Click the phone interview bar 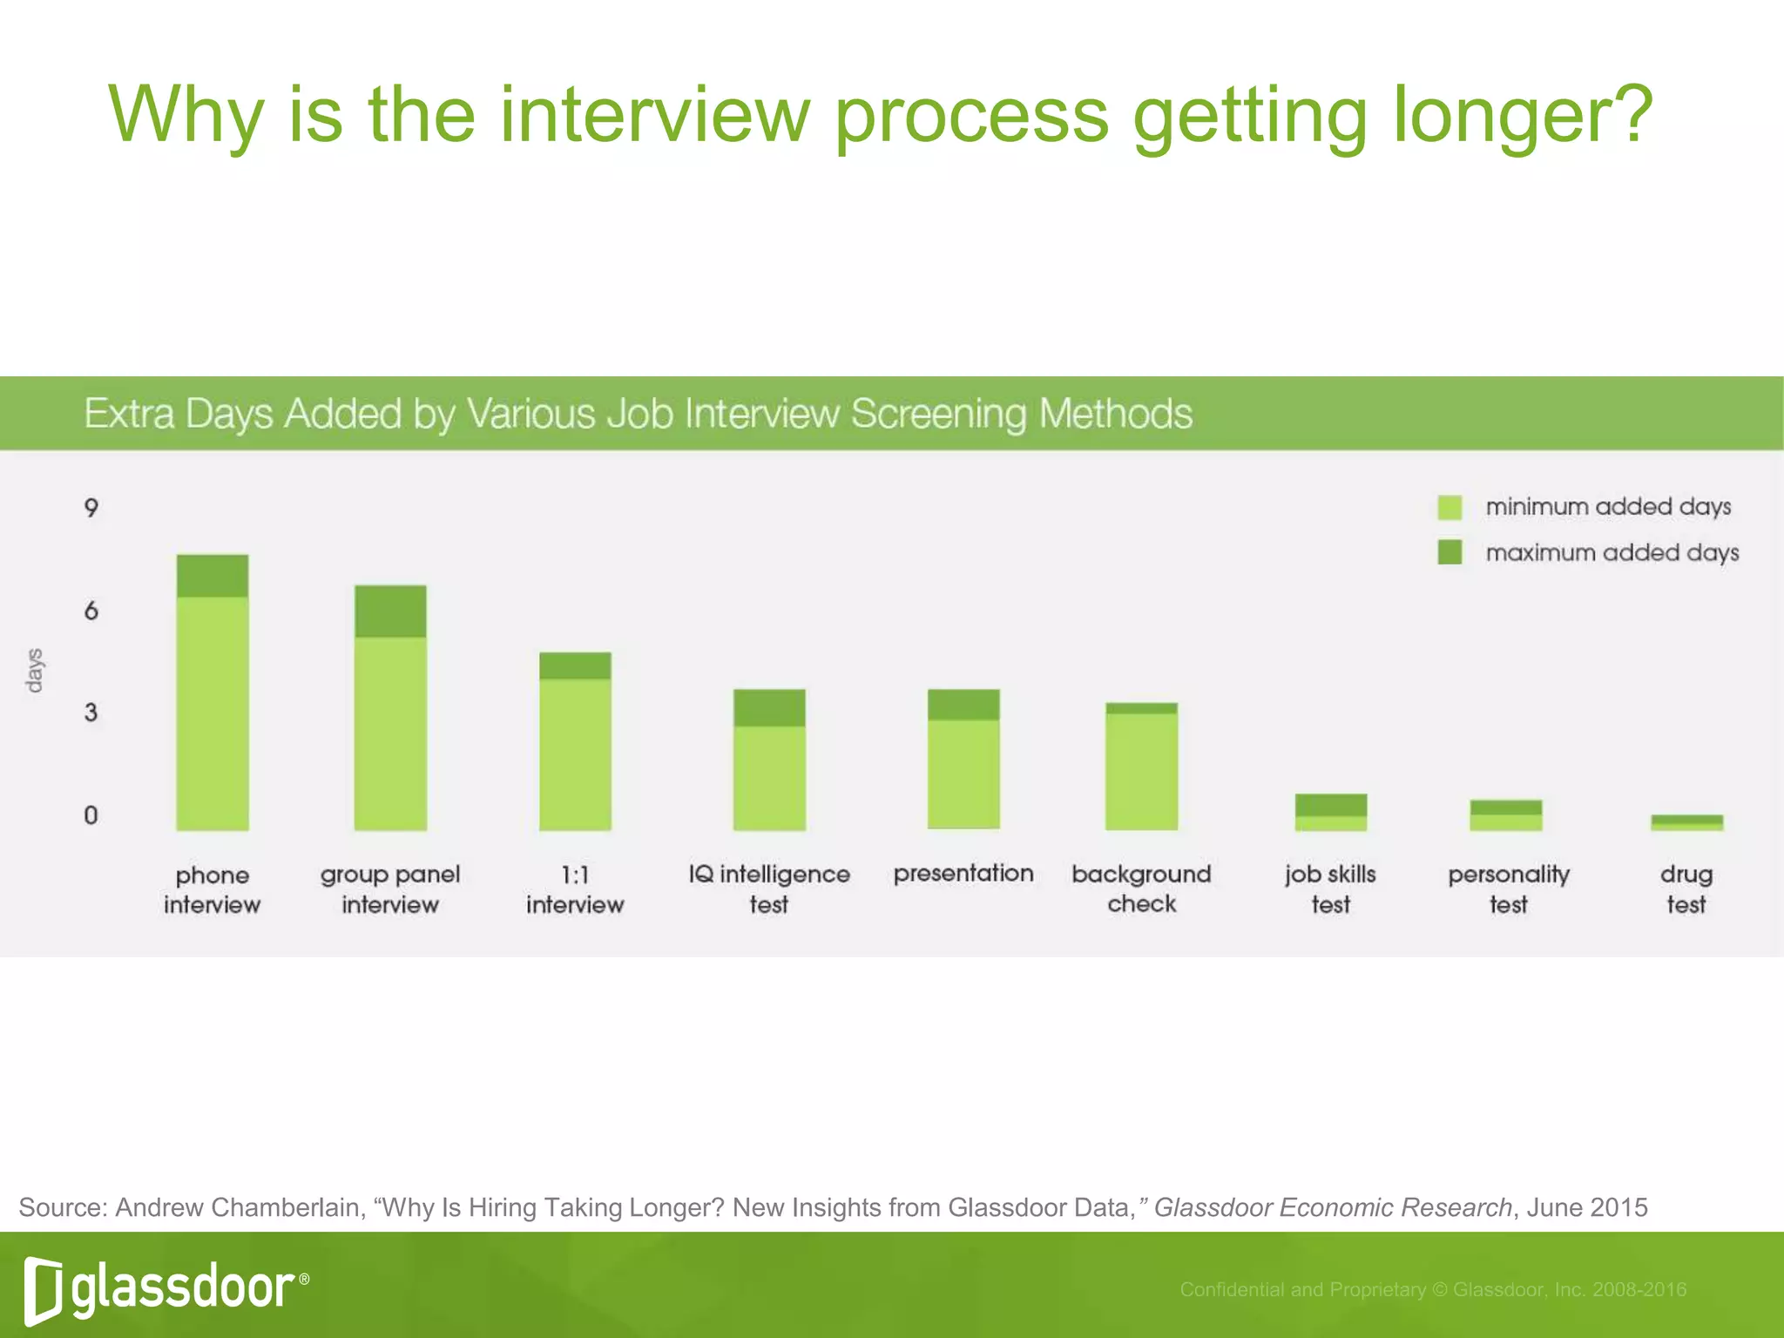click(x=213, y=693)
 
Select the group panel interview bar click(x=390, y=707)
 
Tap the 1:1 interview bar click(x=575, y=741)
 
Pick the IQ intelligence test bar click(x=769, y=760)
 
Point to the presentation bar click(x=963, y=759)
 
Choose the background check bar click(x=1141, y=766)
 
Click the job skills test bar click(x=1331, y=812)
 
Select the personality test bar click(x=1506, y=815)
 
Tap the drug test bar click(x=1686, y=822)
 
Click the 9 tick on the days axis click(x=91, y=508)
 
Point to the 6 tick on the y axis click(x=91, y=611)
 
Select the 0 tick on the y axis click(x=91, y=815)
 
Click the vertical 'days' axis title click(x=34, y=670)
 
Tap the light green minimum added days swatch click(x=1449, y=507)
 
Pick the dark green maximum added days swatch click(x=1449, y=552)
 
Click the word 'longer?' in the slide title click(x=1523, y=115)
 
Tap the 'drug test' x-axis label click(x=1686, y=889)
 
